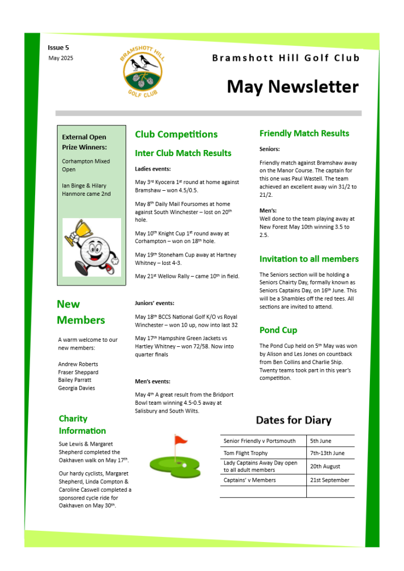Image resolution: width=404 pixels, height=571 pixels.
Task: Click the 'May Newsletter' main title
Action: pyautogui.click(x=292, y=87)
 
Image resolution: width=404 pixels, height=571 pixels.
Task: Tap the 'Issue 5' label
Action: pyautogui.click(x=59, y=48)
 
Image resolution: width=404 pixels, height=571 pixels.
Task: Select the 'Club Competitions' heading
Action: pyautogui.click(x=176, y=134)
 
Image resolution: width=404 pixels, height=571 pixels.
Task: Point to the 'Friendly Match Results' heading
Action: pyautogui.click(x=304, y=133)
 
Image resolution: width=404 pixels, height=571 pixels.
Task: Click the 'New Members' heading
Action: pyautogui.click(x=80, y=312)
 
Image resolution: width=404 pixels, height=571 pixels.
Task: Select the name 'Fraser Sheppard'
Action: pyautogui.click(x=78, y=372)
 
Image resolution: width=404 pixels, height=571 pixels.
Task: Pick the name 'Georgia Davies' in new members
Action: pyautogui.click(x=76, y=388)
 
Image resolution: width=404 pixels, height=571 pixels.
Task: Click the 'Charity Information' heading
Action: pyautogui.click(x=82, y=424)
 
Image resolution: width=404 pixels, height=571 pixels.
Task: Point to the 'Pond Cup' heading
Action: pyautogui.click(x=278, y=330)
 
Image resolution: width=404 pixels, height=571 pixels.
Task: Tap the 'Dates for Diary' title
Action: pyautogui.click(x=294, y=420)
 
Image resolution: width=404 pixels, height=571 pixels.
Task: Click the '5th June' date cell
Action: pyautogui.click(x=321, y=441)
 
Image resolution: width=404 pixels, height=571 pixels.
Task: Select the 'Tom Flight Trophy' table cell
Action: pyautogui.click(x=246, y=453)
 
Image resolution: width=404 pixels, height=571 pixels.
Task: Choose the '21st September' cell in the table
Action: pyautogui.click(x=330, y=480)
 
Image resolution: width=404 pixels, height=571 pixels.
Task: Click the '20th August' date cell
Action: pyautogui.click(x=325, y=466)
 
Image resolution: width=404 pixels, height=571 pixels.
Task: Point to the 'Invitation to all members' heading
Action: pyautogui.click(x=309, y=259)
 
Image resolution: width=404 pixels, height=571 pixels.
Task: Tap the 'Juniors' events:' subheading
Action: pyautogui.click(x=155, y=303)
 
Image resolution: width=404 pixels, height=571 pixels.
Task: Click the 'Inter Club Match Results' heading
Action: pyautogui.click(x=183, y=153)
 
